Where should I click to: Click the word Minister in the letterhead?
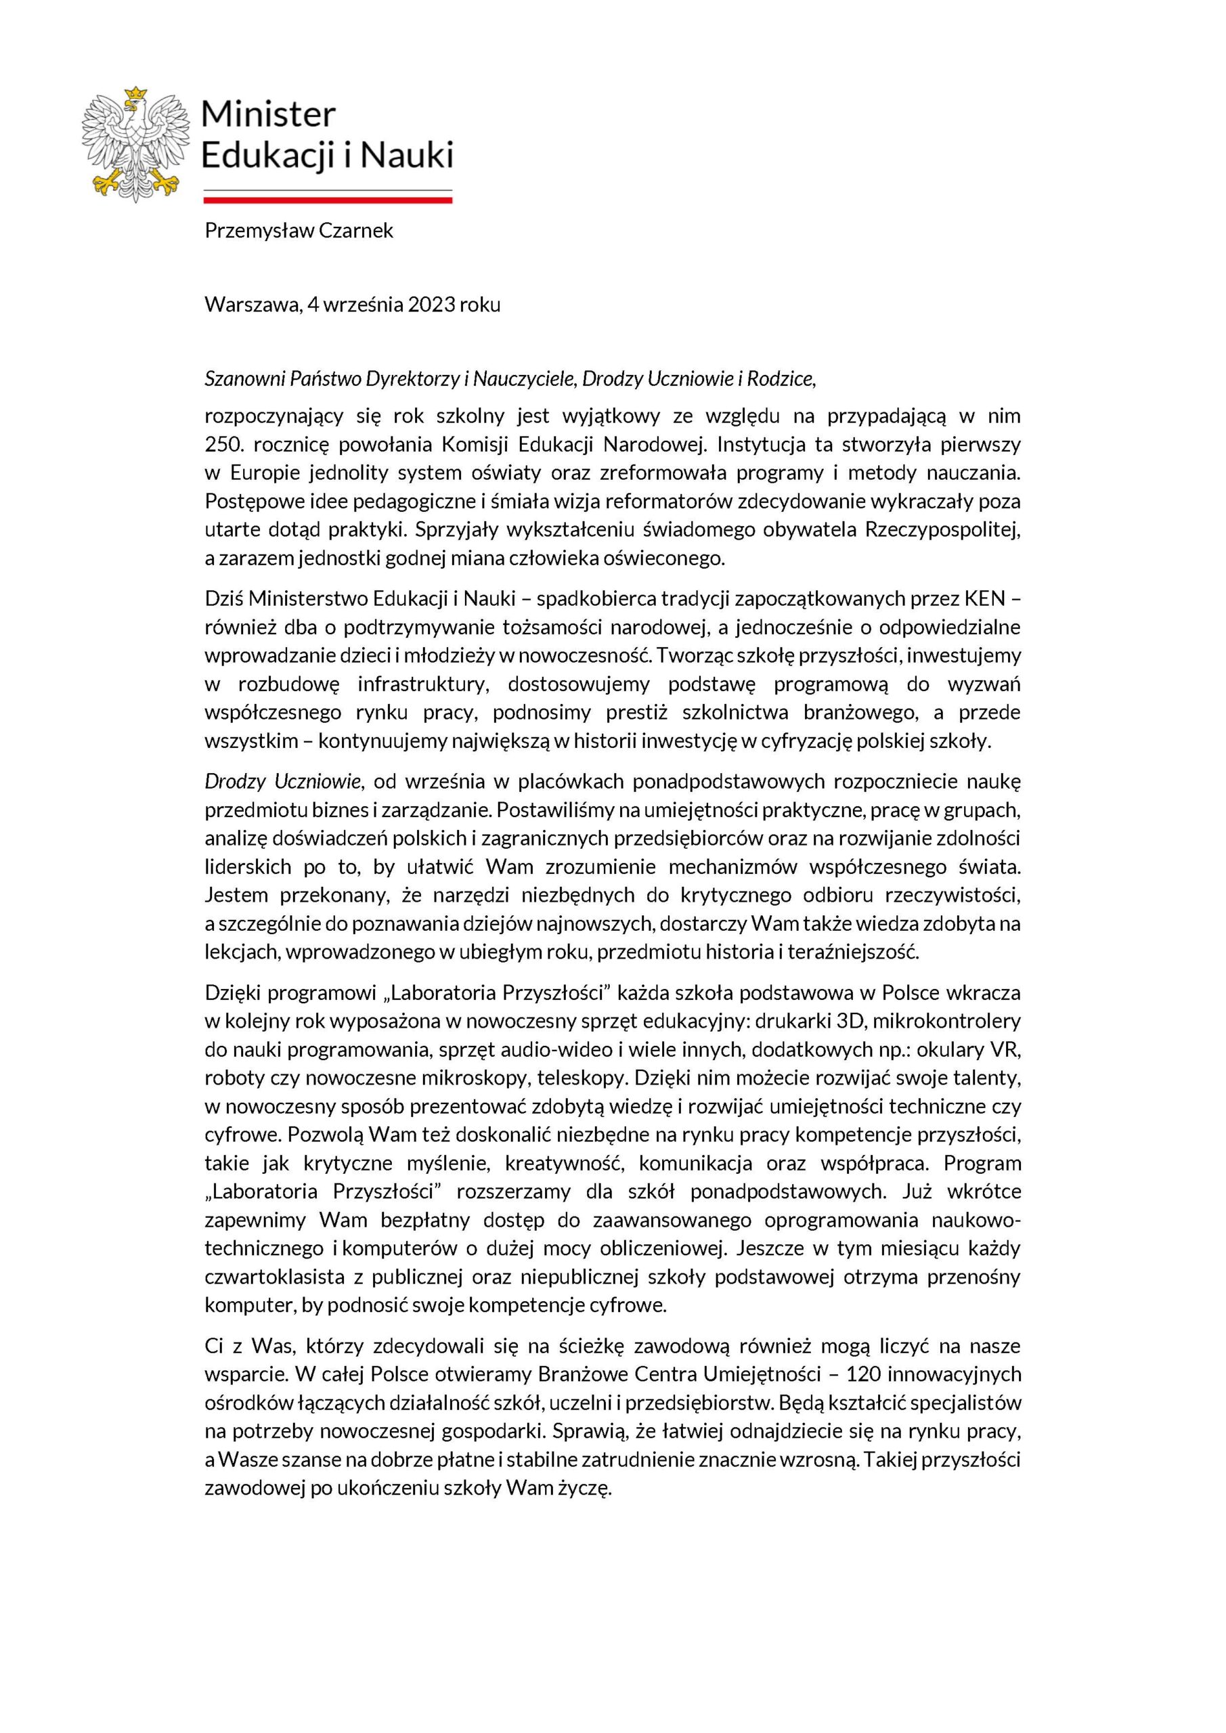pos(268,114)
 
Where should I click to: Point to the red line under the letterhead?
pos(328,200)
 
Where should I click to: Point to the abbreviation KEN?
pos(984,598)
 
